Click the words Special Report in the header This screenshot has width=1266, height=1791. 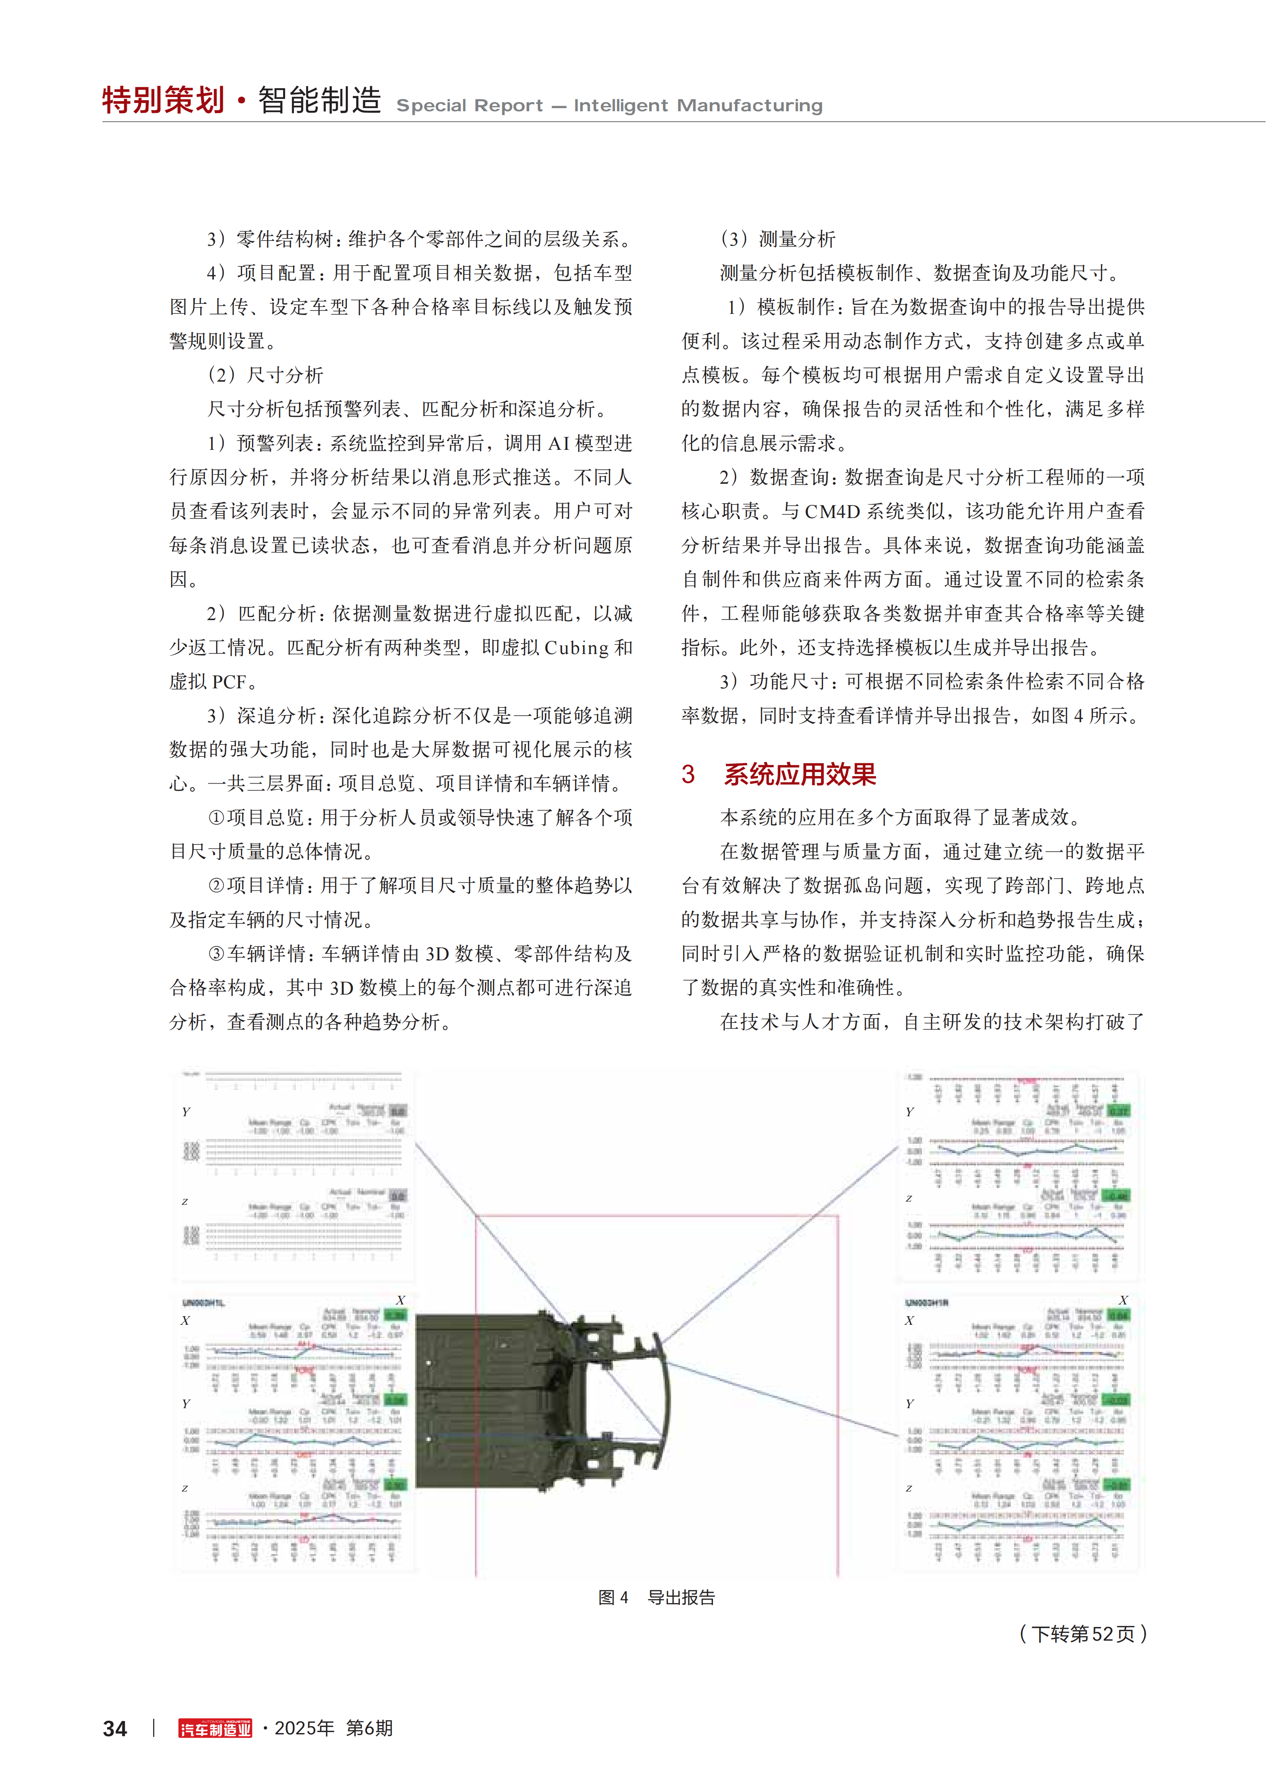click(470, 105)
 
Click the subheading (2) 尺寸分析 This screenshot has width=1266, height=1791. click(265, 375)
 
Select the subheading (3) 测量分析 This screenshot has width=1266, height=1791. click(778, 239)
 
